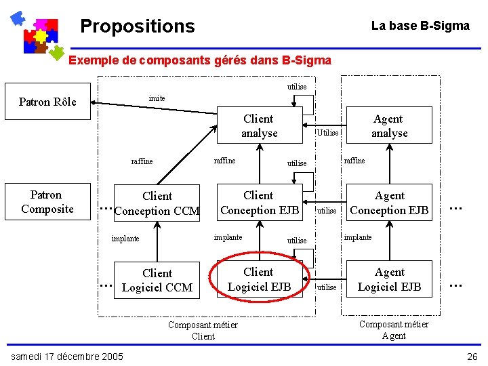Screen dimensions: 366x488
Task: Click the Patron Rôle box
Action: tap(47, 102)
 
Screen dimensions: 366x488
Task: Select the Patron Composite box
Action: tap(47, 202)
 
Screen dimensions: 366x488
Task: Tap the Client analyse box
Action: tap(259, 126)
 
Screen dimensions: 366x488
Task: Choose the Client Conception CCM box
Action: tap(157, 203)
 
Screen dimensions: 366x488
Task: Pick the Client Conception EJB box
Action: tap(259, 203)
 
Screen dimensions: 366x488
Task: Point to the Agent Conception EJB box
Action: tap(389, 203)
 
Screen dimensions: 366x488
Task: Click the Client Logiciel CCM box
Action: tap(157, 280)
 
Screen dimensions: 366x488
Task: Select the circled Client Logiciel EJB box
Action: tap(259, 279)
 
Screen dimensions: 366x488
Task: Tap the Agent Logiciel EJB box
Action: tap(389, 279)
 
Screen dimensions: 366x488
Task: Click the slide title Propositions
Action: tap(137, 26)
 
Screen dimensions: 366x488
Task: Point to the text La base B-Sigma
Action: tap(420, 26)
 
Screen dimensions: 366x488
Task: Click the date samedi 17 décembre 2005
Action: tap(66, 356)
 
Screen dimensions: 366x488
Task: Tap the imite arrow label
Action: tap(157, 98)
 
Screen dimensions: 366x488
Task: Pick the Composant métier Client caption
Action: tap(203, 330)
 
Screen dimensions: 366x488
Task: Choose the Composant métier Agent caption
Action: tap(394, 329)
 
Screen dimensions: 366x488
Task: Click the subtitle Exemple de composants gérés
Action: tap(200, 60)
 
